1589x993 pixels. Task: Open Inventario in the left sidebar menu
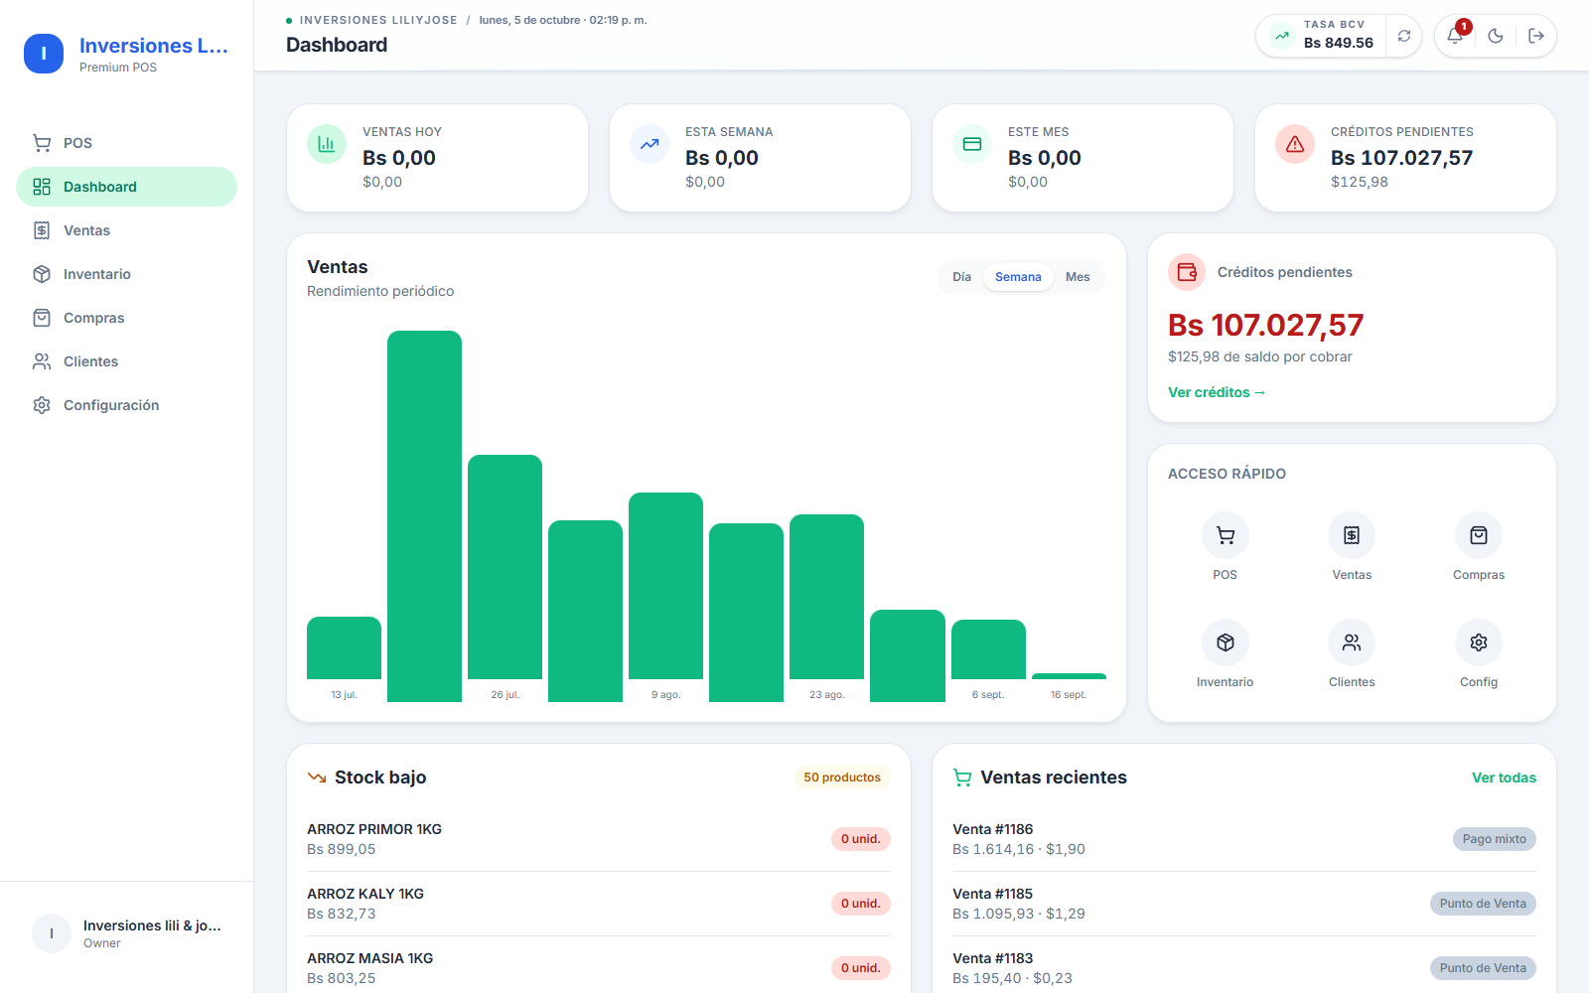tap(96, 274)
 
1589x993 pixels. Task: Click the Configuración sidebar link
tap(110, 405)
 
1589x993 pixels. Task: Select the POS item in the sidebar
tap(77, 143)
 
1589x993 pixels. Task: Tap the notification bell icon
tap(1454, 36)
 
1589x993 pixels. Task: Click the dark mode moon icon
tap(1496, 36)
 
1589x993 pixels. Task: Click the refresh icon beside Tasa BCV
tap(1404, 36)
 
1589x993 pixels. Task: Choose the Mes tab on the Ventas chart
tap(1077, 277)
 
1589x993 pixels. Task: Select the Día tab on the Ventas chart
tap(962, 277)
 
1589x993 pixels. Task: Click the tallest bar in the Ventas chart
tap(424, 516)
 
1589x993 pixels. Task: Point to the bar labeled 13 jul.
tap(344, 647)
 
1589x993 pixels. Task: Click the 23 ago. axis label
tap(827, 694)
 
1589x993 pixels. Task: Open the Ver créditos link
tap(1217, 392)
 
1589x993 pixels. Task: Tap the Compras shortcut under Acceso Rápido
tap(1479, 547)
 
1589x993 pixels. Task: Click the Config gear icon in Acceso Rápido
tap(1479, 642)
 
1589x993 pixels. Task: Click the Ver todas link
tap(1504, 778)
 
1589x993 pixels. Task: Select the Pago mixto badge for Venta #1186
tap(1494, 839)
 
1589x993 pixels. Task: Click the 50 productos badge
tap(842, 778)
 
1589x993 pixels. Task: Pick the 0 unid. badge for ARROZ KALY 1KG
tap(860, 904)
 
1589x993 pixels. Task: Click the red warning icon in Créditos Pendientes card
tap(1295, 144)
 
